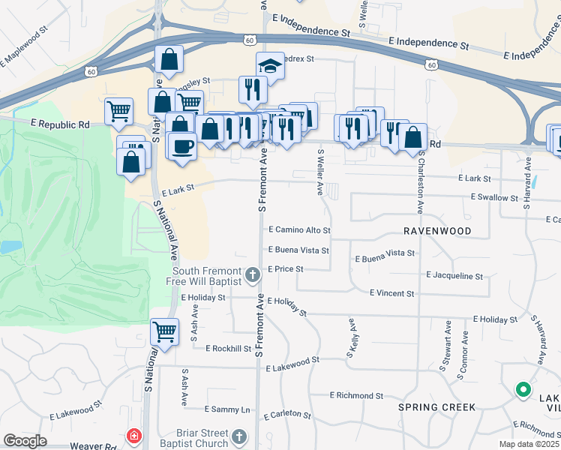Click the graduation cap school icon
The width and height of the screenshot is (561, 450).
click(x=270, y=66)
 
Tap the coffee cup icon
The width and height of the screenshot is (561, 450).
click(x=181, y=145)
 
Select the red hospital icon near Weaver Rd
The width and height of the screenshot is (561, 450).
click(x=134, y=436)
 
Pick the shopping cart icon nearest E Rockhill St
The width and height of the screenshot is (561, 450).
click(x=164, y=331)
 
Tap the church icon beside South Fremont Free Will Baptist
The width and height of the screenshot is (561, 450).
click(x=253, y=275)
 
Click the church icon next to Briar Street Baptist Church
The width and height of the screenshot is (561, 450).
click(x=239, y=436)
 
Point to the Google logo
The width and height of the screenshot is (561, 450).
click(x=25, y=441)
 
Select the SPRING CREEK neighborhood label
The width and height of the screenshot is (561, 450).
click(x=436, y=407)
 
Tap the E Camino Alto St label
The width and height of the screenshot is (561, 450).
click(x=298, y=230)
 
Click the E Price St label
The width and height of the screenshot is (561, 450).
click(x=286, y=268)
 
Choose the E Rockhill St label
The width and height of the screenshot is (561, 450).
click(x=220, y=348)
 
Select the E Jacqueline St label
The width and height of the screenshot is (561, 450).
click(x=454, y=276)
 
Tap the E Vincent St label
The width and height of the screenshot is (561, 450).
click(x=392, y=293)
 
